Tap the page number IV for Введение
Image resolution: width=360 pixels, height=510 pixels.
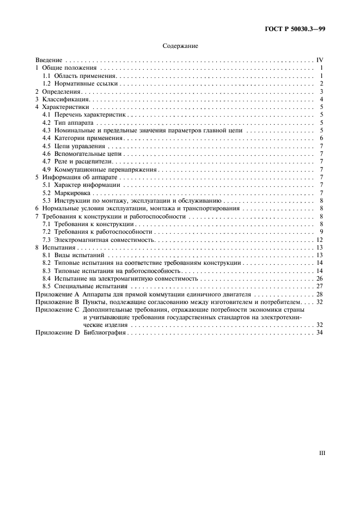[x=320, y=60]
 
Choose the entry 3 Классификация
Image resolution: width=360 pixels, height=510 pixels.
[x=60, y=99]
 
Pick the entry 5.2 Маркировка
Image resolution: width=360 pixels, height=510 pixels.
[x=67, y=193]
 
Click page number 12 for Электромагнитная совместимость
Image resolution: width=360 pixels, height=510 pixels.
[x=320, y=240]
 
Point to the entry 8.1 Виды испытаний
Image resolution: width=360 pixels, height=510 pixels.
[x=74, y=255]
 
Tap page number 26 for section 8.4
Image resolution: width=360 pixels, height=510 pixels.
[x=320, y=278]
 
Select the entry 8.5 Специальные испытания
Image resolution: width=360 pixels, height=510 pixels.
[x=84, y=286]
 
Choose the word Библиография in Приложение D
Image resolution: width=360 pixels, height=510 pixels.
[x=105, y=332]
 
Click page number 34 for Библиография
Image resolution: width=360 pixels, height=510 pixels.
[x=320, y=332]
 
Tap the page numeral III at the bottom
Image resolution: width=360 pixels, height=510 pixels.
[x=321, y=452]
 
